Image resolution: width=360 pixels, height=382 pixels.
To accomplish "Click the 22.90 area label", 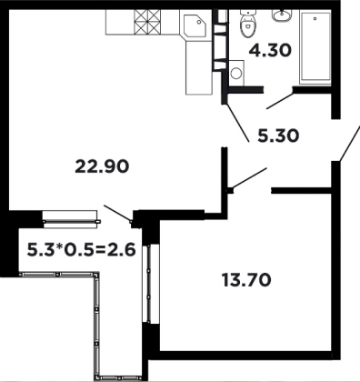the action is click(x=102, y=166).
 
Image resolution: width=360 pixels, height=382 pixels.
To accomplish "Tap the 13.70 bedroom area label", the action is click(x=246, y=280).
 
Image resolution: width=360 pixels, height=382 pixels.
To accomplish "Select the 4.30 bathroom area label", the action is click(x=270, y=50).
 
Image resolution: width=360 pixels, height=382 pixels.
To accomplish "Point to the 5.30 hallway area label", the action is click(x=278, y=136).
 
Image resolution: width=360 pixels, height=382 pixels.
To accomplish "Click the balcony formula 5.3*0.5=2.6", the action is click(x=81, y=250).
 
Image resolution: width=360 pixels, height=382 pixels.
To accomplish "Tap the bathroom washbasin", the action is click(x=282, y=15).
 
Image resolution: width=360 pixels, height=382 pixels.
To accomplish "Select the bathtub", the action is click(x=315, y=46).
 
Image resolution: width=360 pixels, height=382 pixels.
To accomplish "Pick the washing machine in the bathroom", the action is click(x=236, y=73).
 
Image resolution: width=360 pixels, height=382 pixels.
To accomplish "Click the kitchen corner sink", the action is click(x=195, y=24).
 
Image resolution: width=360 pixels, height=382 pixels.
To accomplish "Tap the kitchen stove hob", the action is click(x=147, y=22).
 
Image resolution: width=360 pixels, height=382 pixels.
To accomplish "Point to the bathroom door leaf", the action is click(x=280, y=101).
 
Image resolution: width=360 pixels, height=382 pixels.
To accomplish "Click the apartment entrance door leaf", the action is click(x=350, y=143).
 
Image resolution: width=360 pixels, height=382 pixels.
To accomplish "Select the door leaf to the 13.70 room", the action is click(x=249, y=179).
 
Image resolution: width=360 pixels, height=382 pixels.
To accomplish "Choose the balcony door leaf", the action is click(x=117, y=213).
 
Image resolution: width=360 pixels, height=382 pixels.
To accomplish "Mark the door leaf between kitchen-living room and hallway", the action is click(x=236, y=123).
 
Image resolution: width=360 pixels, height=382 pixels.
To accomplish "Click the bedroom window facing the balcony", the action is click(x=151, y=284).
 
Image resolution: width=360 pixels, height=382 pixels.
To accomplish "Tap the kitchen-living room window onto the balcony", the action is click(x=71, y=219).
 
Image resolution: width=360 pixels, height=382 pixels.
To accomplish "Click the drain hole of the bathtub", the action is click(x=315, y=18).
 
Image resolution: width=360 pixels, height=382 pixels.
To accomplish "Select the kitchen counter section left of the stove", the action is click(x=120, y=22).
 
